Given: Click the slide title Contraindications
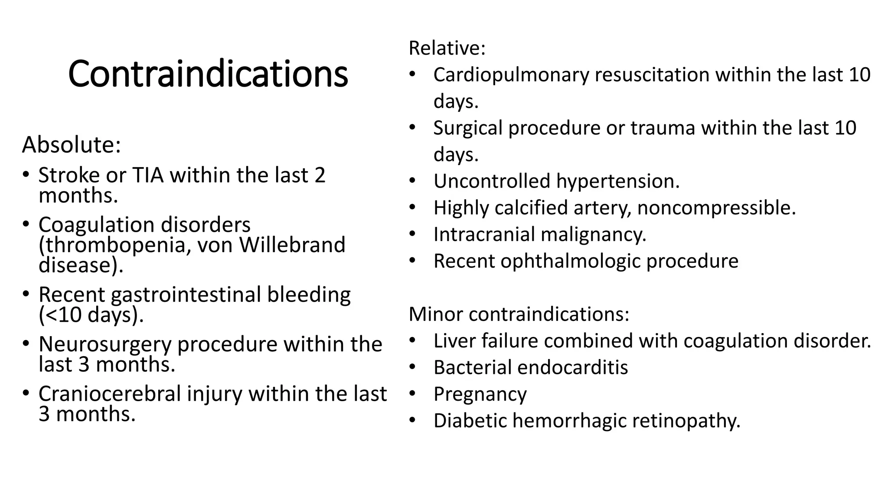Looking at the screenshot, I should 208,74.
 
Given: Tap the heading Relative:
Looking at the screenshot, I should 447,48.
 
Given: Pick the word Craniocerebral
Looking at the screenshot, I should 110,394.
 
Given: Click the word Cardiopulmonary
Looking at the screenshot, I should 511,75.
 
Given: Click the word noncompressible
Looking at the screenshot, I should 716,208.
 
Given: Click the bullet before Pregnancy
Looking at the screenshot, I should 412,394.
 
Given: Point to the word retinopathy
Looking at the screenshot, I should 686,421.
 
